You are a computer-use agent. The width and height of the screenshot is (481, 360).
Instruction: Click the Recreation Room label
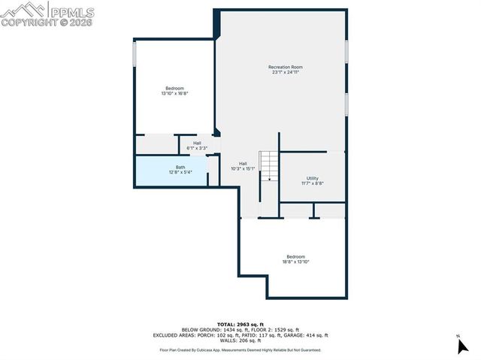point(286,67)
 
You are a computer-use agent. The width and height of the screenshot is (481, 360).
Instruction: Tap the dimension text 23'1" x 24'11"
point(286,72)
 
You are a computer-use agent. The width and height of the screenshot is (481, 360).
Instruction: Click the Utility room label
point(313,178)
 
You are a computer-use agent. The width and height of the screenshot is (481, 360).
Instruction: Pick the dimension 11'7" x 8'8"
point(313,183)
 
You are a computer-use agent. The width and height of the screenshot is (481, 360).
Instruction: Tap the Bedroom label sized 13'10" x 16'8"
point(174,89)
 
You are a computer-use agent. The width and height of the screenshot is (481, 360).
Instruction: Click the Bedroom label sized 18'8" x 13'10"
point(295,256)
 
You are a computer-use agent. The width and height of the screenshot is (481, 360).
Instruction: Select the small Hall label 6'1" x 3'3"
point(197,143)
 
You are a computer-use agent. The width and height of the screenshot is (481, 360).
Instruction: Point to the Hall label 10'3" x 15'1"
point(243,163)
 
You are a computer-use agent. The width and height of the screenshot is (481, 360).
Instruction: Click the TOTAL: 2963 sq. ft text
point(240,323)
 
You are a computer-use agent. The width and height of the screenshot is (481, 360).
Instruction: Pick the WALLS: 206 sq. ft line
point(240,341)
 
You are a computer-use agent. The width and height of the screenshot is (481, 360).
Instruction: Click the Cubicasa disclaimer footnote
point(240,349)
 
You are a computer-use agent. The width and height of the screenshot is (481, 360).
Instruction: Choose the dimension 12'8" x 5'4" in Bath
point(180,172)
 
